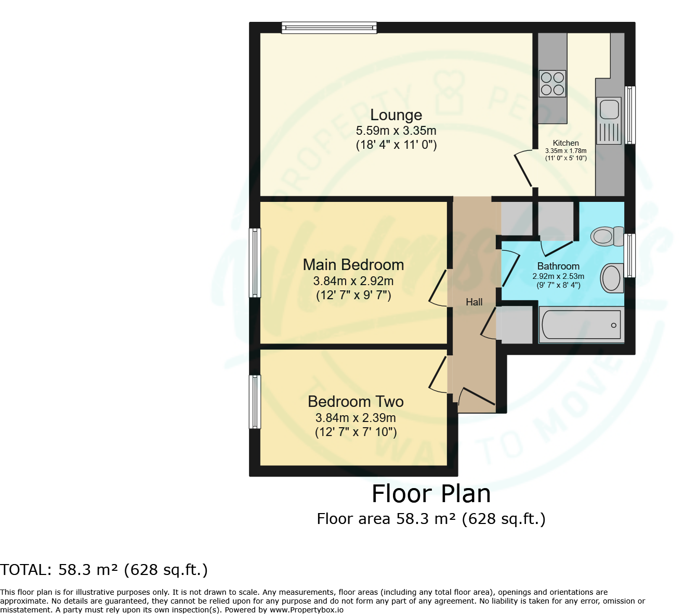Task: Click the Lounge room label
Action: pyautogui.click(x=396, y=115)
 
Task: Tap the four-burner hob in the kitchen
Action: pyautogui.click(x=553, y=83)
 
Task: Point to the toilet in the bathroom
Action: pyautogui.click(x=607, y=236)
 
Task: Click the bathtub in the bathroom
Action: pyautogui.click(x=581, y=325)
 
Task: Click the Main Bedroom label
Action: pyautogui.click(x=353, y=265)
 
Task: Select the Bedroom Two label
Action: pyautogui.click(x=356, y=402)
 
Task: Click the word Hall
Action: pyautogui.click(x=474, y=302)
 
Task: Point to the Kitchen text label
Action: pyautogui.click(x=566, y=143)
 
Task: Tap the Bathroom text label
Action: pyautogui.click(x=558, y=266)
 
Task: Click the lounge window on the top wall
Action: pyautogui.click(x=329, y=28)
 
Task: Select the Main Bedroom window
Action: pyautogui.click(x=255, y=263)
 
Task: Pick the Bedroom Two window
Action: pyautogui.click(x=255, y=402)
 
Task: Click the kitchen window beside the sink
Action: pyautogui.click(x=629, y=115)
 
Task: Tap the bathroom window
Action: pyautogui.click(x=629, y=255)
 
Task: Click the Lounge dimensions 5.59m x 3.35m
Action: pyautogui.click(x=396, y=131)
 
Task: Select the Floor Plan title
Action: pyautogui.click(x=431, y=494)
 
